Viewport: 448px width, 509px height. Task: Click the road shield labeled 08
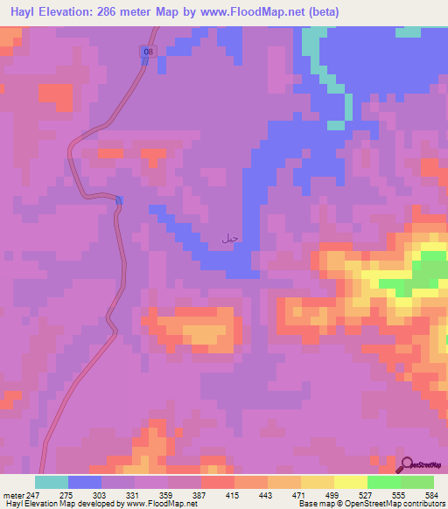coord(148,53)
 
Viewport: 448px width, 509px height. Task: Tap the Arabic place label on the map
coord(230,237)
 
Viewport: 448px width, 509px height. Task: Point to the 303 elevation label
coord(101,494)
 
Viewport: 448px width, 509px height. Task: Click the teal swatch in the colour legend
coord(52,482)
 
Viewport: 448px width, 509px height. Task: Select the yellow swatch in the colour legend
coord(351,482)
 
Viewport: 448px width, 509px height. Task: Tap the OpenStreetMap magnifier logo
coord(407,464)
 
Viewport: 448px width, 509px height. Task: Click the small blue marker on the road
coord(118,200)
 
